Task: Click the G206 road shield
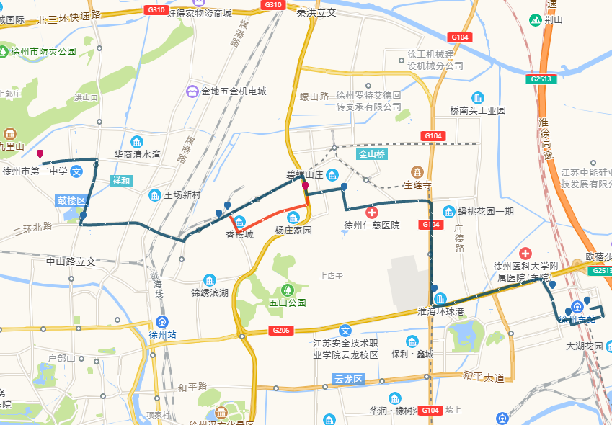pyautogui.click(x=282, y=330)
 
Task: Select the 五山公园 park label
pyautogui.click(x=288, y=303)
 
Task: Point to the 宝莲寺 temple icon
pyautogui.click(x=417, y=171)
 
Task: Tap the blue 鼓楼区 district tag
pyautogui.click(x=71, y=200)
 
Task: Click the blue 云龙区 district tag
pyautogui.click(x=351, y=379)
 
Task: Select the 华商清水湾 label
pyautogui.click(x=137, y=154)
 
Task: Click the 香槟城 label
pyautogui.click(x=239, y=234)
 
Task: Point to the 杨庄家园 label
pyautogui.click(x=293, y=231)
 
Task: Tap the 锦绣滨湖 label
pyautogui.click(x=210, y=292)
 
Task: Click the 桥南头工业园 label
pyautogui.click(x=477, y=110)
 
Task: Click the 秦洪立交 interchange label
pyautogui.click(x=316, y=12)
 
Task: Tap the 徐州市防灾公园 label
pyautogui.click(x=43, y=52)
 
